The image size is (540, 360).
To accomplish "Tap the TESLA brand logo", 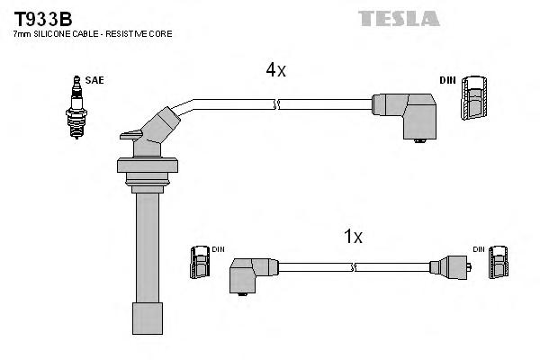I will point(398,18).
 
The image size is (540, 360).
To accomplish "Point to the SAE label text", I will point(94,80).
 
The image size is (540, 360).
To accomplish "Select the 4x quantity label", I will point(274,69).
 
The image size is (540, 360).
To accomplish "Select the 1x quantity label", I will point(353,237).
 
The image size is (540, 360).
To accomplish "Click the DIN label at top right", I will point(447,81).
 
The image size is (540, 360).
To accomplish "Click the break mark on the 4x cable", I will point(278,105).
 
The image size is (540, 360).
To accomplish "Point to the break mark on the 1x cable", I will point(355,267).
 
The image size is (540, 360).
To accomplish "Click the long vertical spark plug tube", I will point(145,243).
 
